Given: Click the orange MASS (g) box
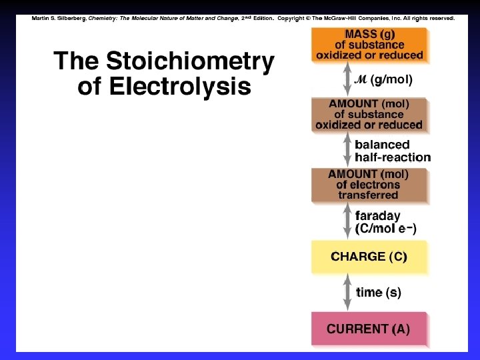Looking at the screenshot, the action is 368,44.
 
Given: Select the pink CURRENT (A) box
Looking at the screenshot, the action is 368,329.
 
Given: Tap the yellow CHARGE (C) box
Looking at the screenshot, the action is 368,257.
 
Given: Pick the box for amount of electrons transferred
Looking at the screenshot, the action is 368,185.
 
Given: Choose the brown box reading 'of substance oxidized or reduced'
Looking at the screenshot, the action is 368,115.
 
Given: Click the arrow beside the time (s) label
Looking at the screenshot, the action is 347,293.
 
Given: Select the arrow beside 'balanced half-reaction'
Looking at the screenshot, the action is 347,151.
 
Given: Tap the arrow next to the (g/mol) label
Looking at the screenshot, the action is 347,79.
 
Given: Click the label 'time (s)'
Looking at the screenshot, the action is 379,293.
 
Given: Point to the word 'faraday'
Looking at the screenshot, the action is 378,216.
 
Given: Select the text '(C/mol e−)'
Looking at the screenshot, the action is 386,229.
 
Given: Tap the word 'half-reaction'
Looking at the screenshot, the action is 393,157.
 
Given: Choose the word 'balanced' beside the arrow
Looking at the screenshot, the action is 382,145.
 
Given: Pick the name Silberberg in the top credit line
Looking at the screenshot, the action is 69,19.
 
